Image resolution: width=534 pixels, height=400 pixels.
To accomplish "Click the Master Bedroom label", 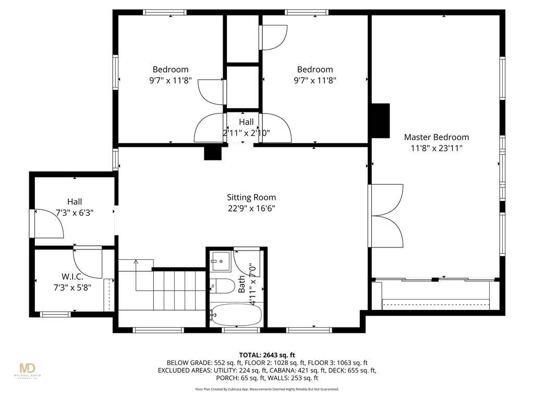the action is [x=436, y=137].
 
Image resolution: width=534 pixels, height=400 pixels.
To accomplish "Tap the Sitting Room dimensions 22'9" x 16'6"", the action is [x=251, y=208].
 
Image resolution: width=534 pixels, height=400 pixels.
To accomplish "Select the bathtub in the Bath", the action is [x=236, y=315].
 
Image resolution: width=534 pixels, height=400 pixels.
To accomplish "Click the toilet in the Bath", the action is [x=222, y=286].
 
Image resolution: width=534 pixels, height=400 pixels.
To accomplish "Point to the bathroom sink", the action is [x=221, y=261].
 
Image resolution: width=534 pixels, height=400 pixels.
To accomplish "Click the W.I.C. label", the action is [x=72, y=277].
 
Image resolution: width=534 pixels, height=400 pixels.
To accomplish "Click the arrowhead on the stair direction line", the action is [x=136, y=262].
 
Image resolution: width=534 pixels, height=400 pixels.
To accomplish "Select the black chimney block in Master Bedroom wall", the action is [x=380, y=121].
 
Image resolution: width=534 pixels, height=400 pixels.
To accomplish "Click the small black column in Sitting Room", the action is [x=213, y=153].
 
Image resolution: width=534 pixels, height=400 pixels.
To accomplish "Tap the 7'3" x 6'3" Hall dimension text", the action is [x=75, y=213].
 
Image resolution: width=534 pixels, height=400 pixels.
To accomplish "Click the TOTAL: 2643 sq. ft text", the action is [x=267, y=355].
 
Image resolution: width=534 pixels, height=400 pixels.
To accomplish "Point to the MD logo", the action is [x=27, y=368].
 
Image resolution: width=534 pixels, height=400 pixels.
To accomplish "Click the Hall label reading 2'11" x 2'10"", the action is [x=246, y=127].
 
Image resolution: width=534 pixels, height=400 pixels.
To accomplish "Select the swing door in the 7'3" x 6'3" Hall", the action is [x=49, y=223].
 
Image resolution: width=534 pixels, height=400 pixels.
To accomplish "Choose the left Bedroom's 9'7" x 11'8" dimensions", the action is [x=171, y=81].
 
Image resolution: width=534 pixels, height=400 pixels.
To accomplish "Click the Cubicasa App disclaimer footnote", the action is [x=267, y=389].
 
